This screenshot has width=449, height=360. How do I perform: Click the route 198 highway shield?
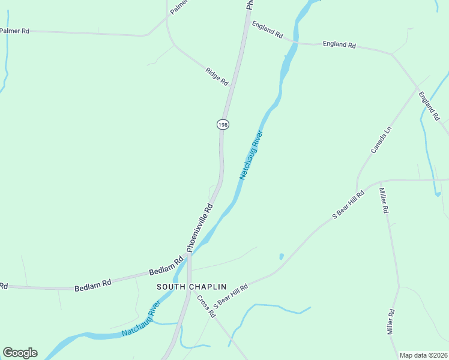(223, 124)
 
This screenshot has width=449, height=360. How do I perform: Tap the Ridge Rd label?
(217, 76)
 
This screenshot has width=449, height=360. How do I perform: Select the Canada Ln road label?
(381, 139)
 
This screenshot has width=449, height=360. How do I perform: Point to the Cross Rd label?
(206, 306)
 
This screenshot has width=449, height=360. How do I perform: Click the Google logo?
(20, 353)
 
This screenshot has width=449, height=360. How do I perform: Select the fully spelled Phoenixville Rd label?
(200, 227)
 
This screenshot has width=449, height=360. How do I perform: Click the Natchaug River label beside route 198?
(252, 155)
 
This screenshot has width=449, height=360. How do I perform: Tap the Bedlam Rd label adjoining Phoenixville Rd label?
(170, 265)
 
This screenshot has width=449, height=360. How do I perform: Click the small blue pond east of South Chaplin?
(281, 257)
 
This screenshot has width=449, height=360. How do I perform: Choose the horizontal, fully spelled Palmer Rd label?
(15, 30)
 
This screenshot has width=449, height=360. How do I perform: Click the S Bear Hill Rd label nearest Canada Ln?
(349, 205)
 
